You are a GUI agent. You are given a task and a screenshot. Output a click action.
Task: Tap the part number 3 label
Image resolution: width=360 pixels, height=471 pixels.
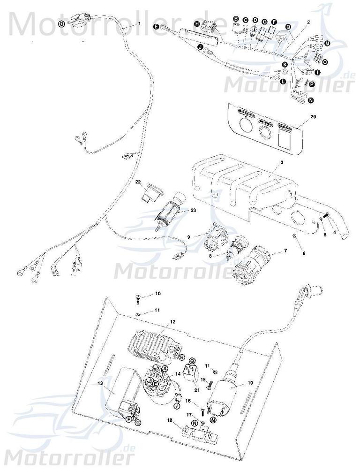point(282,162)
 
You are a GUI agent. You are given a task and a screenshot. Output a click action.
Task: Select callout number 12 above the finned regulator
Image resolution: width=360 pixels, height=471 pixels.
point(172,322)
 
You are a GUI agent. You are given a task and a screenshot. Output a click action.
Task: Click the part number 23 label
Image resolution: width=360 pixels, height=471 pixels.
point(180,211)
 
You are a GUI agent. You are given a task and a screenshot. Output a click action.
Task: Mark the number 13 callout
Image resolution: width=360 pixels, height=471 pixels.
point(99,383)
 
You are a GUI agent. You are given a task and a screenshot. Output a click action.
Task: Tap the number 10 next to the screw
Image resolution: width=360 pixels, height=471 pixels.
point(157,294)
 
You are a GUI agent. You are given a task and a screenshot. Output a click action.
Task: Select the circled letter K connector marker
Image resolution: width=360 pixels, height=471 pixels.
point(285,63)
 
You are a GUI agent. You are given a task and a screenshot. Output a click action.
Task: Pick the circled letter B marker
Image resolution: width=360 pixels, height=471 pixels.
point(236,19)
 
